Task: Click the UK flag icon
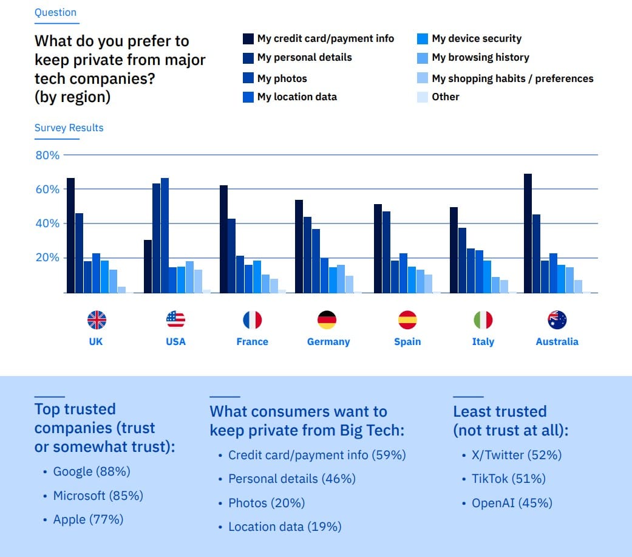tap(97, 320)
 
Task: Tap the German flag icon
tap(327, 320)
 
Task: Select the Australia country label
tap(557, 341)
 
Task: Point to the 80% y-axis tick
tap(47, 155)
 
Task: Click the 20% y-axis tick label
tap(47, 258)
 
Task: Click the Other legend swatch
tap(423, 97)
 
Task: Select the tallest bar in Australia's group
tap(528, 233)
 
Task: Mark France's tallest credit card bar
tap(223, 239)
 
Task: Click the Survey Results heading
tap(69, 128)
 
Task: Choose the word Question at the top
tap(55, 12)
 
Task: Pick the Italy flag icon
tap(483, 320)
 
